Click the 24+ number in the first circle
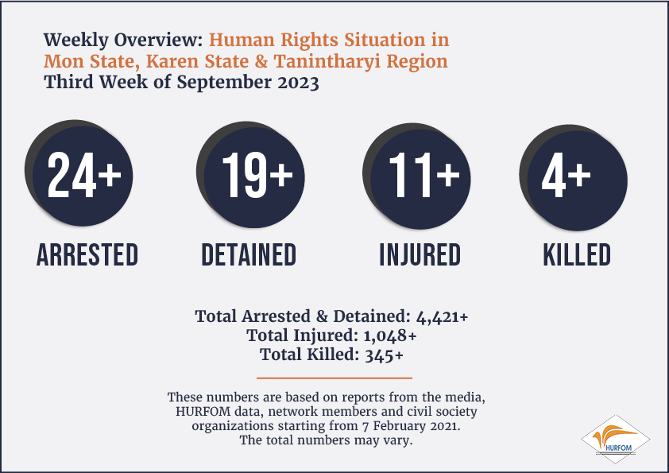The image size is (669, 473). pyautogui.click(x=84, y=175)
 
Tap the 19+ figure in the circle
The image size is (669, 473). pyautogui.click(x=257, y=175)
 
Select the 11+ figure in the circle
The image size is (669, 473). pyautogui.click(x=423, y=175)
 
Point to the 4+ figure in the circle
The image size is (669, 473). pyautogui.click(x=566, y=176)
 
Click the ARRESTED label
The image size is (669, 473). pyautogui.click(x=87, y=255)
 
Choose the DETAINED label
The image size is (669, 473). pyautogui.click(x=249, y=255)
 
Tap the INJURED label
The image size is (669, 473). pyautogui.click(x=420, y=255)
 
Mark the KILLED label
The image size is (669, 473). pyautogui.click(x=576, y=255)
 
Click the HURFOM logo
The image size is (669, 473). pyautogui.click(x=616, y=440)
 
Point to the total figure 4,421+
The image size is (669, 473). pyautogui.click(x=442, y=317)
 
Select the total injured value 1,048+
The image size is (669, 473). pyautogui.click(x=390, y=336)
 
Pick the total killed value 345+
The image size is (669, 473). pyautogui.click(x=384, y=355)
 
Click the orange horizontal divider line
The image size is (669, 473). pyautogui.click(x=334, y=378)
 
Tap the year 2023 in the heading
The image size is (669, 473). pyautogui.click(x=298, y=82)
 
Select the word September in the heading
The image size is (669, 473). pyautogui.click(x=224, y=83)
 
